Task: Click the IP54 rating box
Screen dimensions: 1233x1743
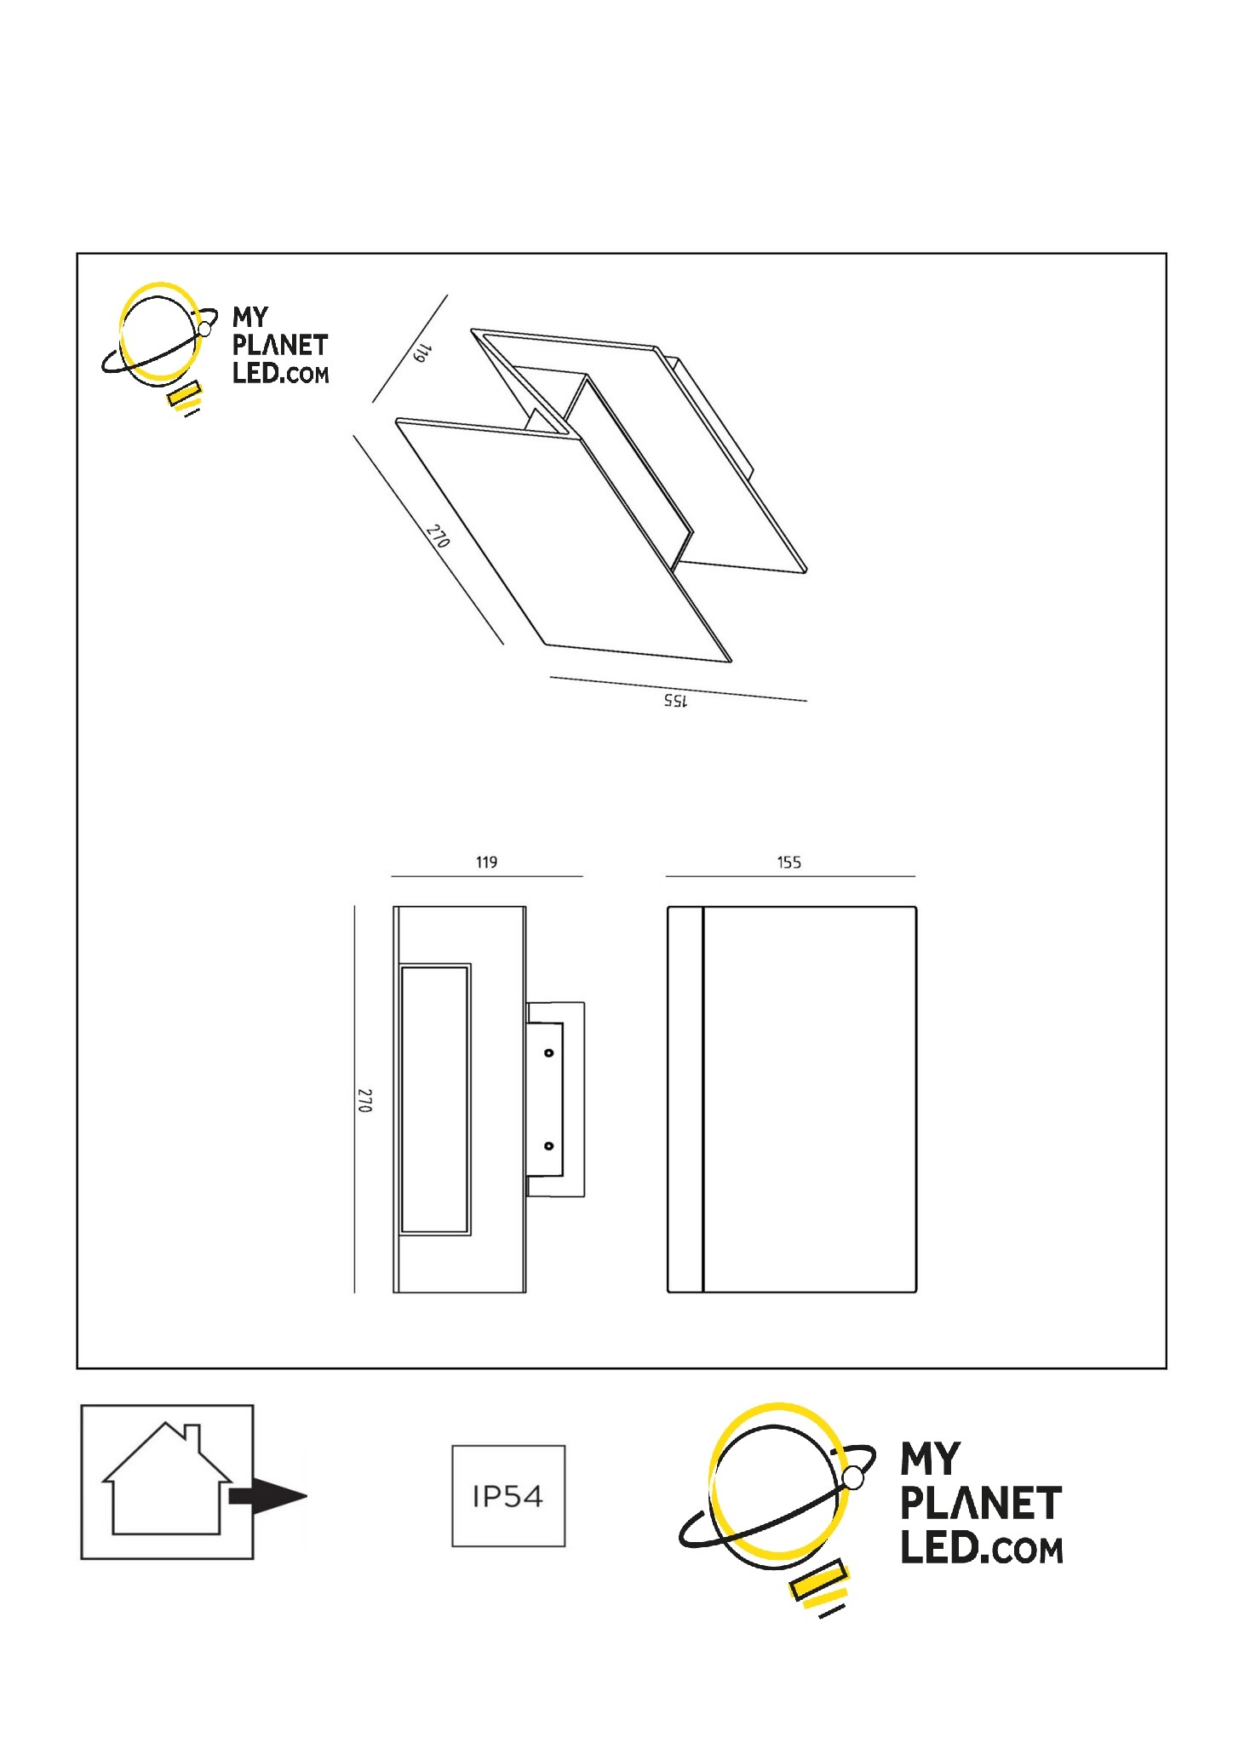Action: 508,1495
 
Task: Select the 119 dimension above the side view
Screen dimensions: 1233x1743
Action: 486,863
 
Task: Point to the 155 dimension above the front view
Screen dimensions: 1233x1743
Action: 789,863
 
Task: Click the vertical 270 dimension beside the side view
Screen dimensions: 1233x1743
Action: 364,1099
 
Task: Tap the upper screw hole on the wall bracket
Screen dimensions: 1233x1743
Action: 549,1053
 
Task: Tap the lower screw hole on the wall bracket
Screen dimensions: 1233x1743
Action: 549,1146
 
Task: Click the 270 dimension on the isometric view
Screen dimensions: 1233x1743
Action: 439,536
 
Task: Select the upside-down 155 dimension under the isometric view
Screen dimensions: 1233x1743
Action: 676,700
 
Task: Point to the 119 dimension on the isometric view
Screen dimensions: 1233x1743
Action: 422,353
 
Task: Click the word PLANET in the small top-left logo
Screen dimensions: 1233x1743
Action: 280,346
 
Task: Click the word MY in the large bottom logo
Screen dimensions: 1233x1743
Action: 932,1459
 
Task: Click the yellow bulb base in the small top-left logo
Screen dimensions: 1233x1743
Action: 185,395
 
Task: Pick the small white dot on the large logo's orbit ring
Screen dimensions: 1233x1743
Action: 853,1477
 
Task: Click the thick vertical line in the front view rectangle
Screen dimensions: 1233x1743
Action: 703,1099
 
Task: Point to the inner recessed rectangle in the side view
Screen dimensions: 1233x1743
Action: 435,1099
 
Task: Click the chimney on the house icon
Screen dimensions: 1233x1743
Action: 192,1436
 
